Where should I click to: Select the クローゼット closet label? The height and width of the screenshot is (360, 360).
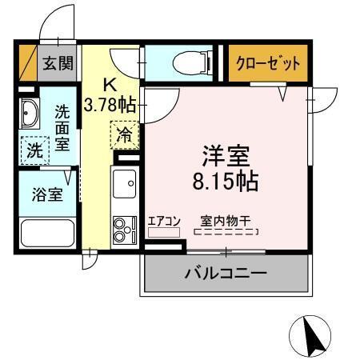[x=268, y=63]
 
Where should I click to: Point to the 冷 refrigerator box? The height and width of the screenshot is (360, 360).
[x=125, y=135]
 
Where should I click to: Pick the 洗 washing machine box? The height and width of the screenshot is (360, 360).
[x=35, y=149]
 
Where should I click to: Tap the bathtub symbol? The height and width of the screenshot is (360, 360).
[x=47, y=233]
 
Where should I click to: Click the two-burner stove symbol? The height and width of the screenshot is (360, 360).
[x=124, y=229]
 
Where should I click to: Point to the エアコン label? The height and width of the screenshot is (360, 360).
[x=164, y=221]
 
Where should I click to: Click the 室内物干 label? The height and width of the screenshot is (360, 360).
[x=226, y=221]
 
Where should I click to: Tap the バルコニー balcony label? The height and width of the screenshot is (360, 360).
[x=226, y=273]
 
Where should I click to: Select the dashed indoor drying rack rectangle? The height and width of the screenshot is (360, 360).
[x=226, y=232]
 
